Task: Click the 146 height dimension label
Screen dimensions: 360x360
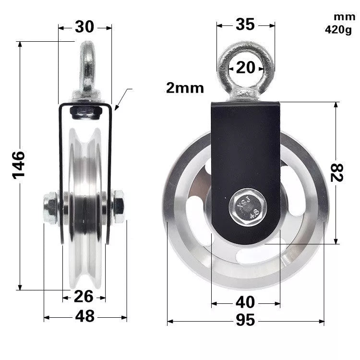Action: tap(18, 165)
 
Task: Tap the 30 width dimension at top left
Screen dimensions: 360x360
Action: tap(84, 27)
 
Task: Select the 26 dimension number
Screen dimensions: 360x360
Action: tap(84, 297)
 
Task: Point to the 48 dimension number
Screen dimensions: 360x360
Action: tap(84, 316)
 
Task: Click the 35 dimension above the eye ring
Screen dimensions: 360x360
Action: tap(245, 24)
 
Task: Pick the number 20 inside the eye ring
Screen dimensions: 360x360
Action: tap(246, 68)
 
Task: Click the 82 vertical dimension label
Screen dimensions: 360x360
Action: tap(337, 172)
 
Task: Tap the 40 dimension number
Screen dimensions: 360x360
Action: tap(245, 302)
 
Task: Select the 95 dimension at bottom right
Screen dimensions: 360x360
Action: tap(245, 321)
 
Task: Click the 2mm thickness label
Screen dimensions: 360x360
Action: tap(185, 88)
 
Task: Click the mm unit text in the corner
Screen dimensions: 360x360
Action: tap(344, 17)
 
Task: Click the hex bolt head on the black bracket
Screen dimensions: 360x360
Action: tap(246, 207)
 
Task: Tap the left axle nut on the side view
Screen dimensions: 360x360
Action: tap(50, 207)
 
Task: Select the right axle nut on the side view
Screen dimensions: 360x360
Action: tap(118, 206)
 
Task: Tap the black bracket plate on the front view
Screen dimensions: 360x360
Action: tap(245, 154)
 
